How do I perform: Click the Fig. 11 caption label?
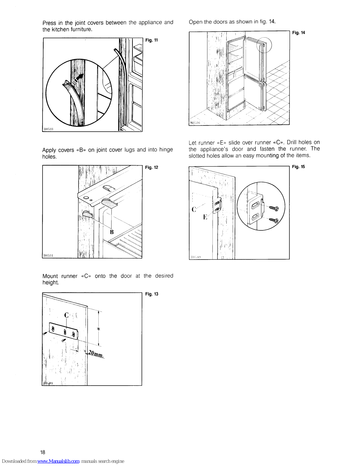(x=151, y=40)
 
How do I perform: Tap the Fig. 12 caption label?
(x=151, y=167)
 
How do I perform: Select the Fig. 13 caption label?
(x=152, y=294)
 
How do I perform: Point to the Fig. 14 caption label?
(x=299, y=33)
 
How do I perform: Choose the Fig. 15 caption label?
(x=298, y=167)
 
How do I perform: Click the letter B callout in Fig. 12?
(x=112, y=232)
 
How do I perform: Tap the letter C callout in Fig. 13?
(x=66, y=315)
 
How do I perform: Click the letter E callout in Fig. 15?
(x=205, y=217)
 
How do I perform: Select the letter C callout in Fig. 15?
(x=194, y=209)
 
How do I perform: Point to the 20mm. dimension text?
(x=96, y=354)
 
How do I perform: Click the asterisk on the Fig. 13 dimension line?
(x=99, y=329)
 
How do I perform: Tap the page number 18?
(x=43, y=452)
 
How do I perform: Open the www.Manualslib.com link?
(x=58, y=461)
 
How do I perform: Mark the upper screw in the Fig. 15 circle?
(x=274, y=208)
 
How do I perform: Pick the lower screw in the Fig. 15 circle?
(x=274, y=220)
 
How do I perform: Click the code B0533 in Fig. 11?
(x=48, y=129)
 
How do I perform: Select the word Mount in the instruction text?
(x=50, y=276)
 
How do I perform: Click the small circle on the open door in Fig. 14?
(x=264, y=45)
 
